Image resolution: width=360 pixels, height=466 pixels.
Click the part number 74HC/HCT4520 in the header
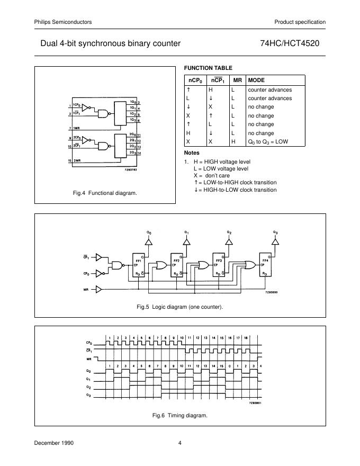[298, 43]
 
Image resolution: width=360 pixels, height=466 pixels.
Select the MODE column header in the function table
[257, 79]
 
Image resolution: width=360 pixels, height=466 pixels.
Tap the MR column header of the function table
[238, 79]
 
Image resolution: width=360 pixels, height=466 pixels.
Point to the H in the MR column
[232, 142]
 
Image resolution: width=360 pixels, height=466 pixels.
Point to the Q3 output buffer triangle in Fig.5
[275, 241]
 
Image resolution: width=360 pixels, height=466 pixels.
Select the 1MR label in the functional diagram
[77, 129]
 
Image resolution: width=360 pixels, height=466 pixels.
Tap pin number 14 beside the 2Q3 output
[138, 153]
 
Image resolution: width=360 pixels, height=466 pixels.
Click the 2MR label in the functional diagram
[77, 160]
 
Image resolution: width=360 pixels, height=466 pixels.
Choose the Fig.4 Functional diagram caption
[105, 193]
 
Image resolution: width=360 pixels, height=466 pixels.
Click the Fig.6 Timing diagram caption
[180, 415]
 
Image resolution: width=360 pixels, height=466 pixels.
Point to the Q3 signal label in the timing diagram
[88, 395]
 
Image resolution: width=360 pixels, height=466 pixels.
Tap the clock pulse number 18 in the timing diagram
[246, 337]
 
